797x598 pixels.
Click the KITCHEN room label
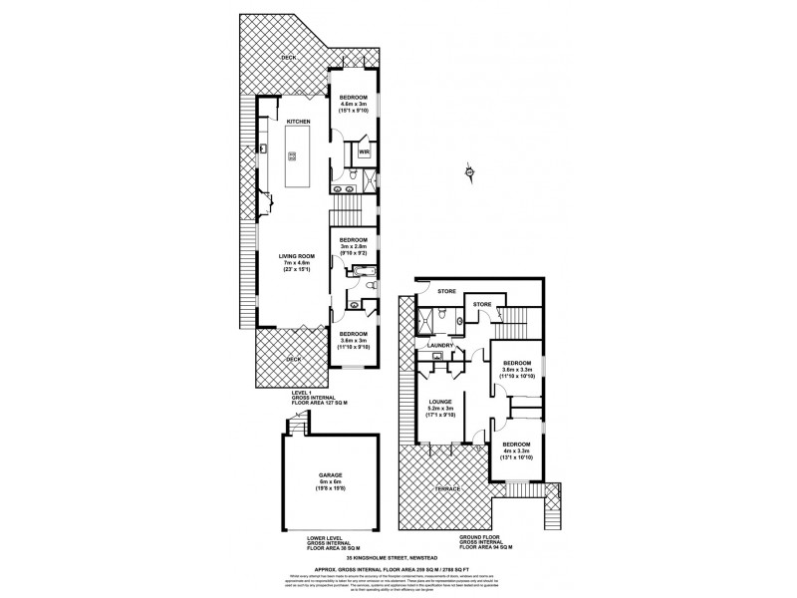coord(299,121)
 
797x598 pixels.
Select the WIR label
coord(364,152)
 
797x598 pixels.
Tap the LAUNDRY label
coord(441,346)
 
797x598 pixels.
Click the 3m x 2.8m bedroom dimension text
coord(354,247)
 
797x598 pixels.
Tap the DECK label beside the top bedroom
coord(288,58)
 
